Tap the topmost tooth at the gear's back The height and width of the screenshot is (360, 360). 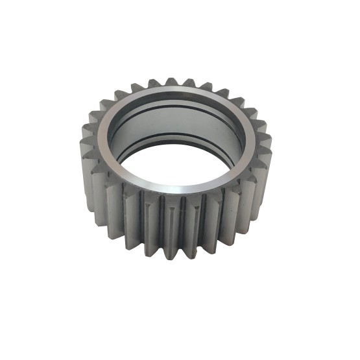(x=171, y=83)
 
